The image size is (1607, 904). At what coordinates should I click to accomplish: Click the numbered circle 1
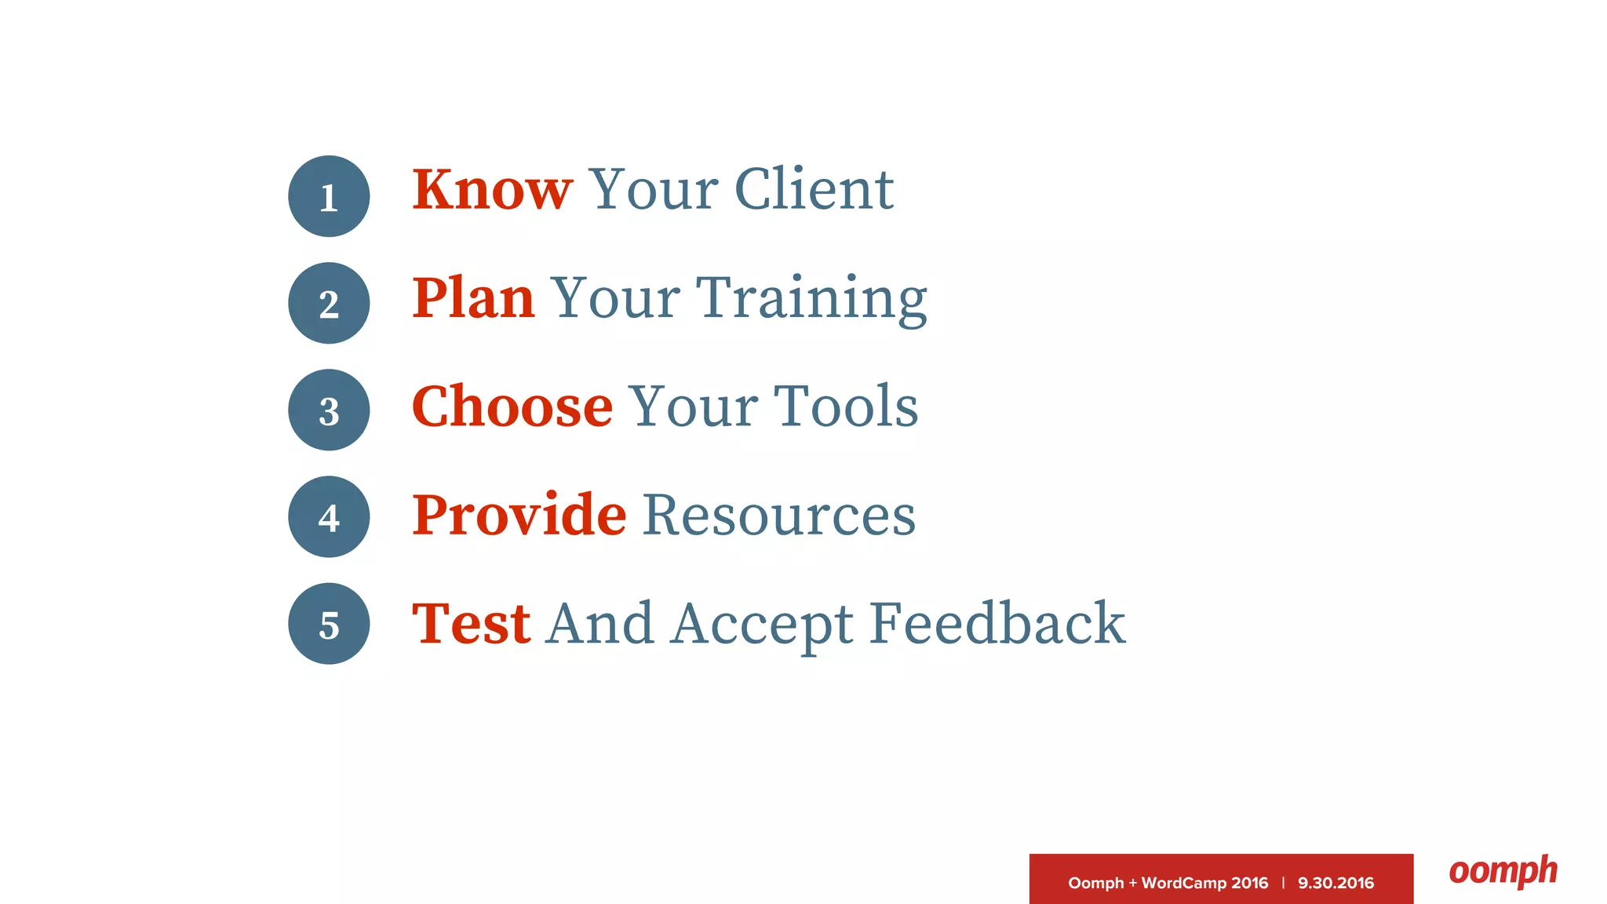(x=329, y=196)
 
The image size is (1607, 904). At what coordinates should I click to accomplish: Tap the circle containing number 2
(x=329, y=303)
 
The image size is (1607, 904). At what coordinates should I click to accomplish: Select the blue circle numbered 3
(x=329, y=410)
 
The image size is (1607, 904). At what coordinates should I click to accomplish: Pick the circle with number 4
(x=329, y=516)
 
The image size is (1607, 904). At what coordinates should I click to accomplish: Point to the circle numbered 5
(x=329, y=624)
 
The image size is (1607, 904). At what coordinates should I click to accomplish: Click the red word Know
(x=492, y=190)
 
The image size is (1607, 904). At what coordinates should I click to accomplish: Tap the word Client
(x=814, y=190)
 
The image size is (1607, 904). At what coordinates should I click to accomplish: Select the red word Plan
(x=473, y=298)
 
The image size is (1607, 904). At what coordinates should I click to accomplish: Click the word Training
(x=812, y=300)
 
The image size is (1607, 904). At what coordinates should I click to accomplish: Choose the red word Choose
(x=512, y=406)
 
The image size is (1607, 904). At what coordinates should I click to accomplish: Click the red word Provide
(x=519, y=515)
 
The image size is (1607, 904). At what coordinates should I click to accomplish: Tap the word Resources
(x=779, y=515)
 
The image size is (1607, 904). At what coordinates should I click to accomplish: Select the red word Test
(x=471, y=624)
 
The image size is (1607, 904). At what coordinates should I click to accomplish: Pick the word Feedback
(x=997, y=624)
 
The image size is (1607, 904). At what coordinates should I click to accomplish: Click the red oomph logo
(x=1503, y=871)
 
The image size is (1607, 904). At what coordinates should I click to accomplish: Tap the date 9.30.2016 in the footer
(x=1336, y=883)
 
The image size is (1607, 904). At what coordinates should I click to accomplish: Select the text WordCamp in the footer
(x=1183, y=883)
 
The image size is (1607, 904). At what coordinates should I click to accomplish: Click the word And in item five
(x=599, y=624)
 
